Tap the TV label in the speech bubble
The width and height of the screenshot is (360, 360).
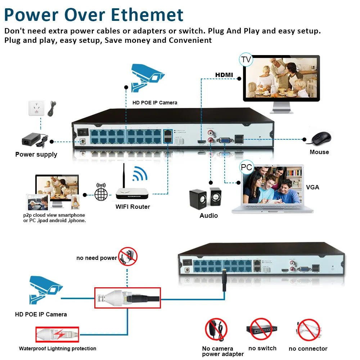[x=246, y=59]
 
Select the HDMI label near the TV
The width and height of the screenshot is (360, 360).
[x=224, y=75]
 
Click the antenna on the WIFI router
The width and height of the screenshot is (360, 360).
[x=124, y=176]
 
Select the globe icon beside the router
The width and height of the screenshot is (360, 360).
[x=101, y=194]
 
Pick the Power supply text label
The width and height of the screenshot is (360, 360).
[x=36, y=154]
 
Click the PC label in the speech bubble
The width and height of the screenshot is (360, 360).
[x=247, y=168]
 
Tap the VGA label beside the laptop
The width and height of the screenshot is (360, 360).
[x=312, y=187]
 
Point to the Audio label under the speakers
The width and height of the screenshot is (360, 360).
[x=209, y=215]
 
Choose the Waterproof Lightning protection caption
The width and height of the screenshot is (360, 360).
[x=58, y=348]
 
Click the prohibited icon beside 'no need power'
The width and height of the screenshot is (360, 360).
[x=128, y=256]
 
